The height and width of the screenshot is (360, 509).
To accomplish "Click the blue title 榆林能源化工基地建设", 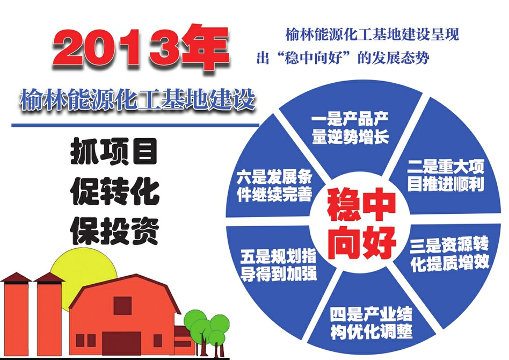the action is [137, 98].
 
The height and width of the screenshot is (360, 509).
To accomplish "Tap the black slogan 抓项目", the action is [114, 151].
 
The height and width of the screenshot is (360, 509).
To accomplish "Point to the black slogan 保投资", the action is [114, 232].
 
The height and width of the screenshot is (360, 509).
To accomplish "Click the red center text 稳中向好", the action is [361, 224].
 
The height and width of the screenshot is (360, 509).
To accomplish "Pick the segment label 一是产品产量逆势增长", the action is [350, 128].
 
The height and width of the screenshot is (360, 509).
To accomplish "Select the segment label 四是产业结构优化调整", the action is [372, 323].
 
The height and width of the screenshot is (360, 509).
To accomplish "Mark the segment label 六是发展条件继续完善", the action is [274, 185].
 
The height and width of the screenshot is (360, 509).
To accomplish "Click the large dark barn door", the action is [122, 343].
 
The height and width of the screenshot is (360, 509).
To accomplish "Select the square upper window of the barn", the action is [122, 306].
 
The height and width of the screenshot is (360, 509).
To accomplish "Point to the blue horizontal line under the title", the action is [135, 125].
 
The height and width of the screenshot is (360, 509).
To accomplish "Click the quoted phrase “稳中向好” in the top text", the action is [313, 59].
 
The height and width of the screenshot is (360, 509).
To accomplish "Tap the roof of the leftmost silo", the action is [16, 277].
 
